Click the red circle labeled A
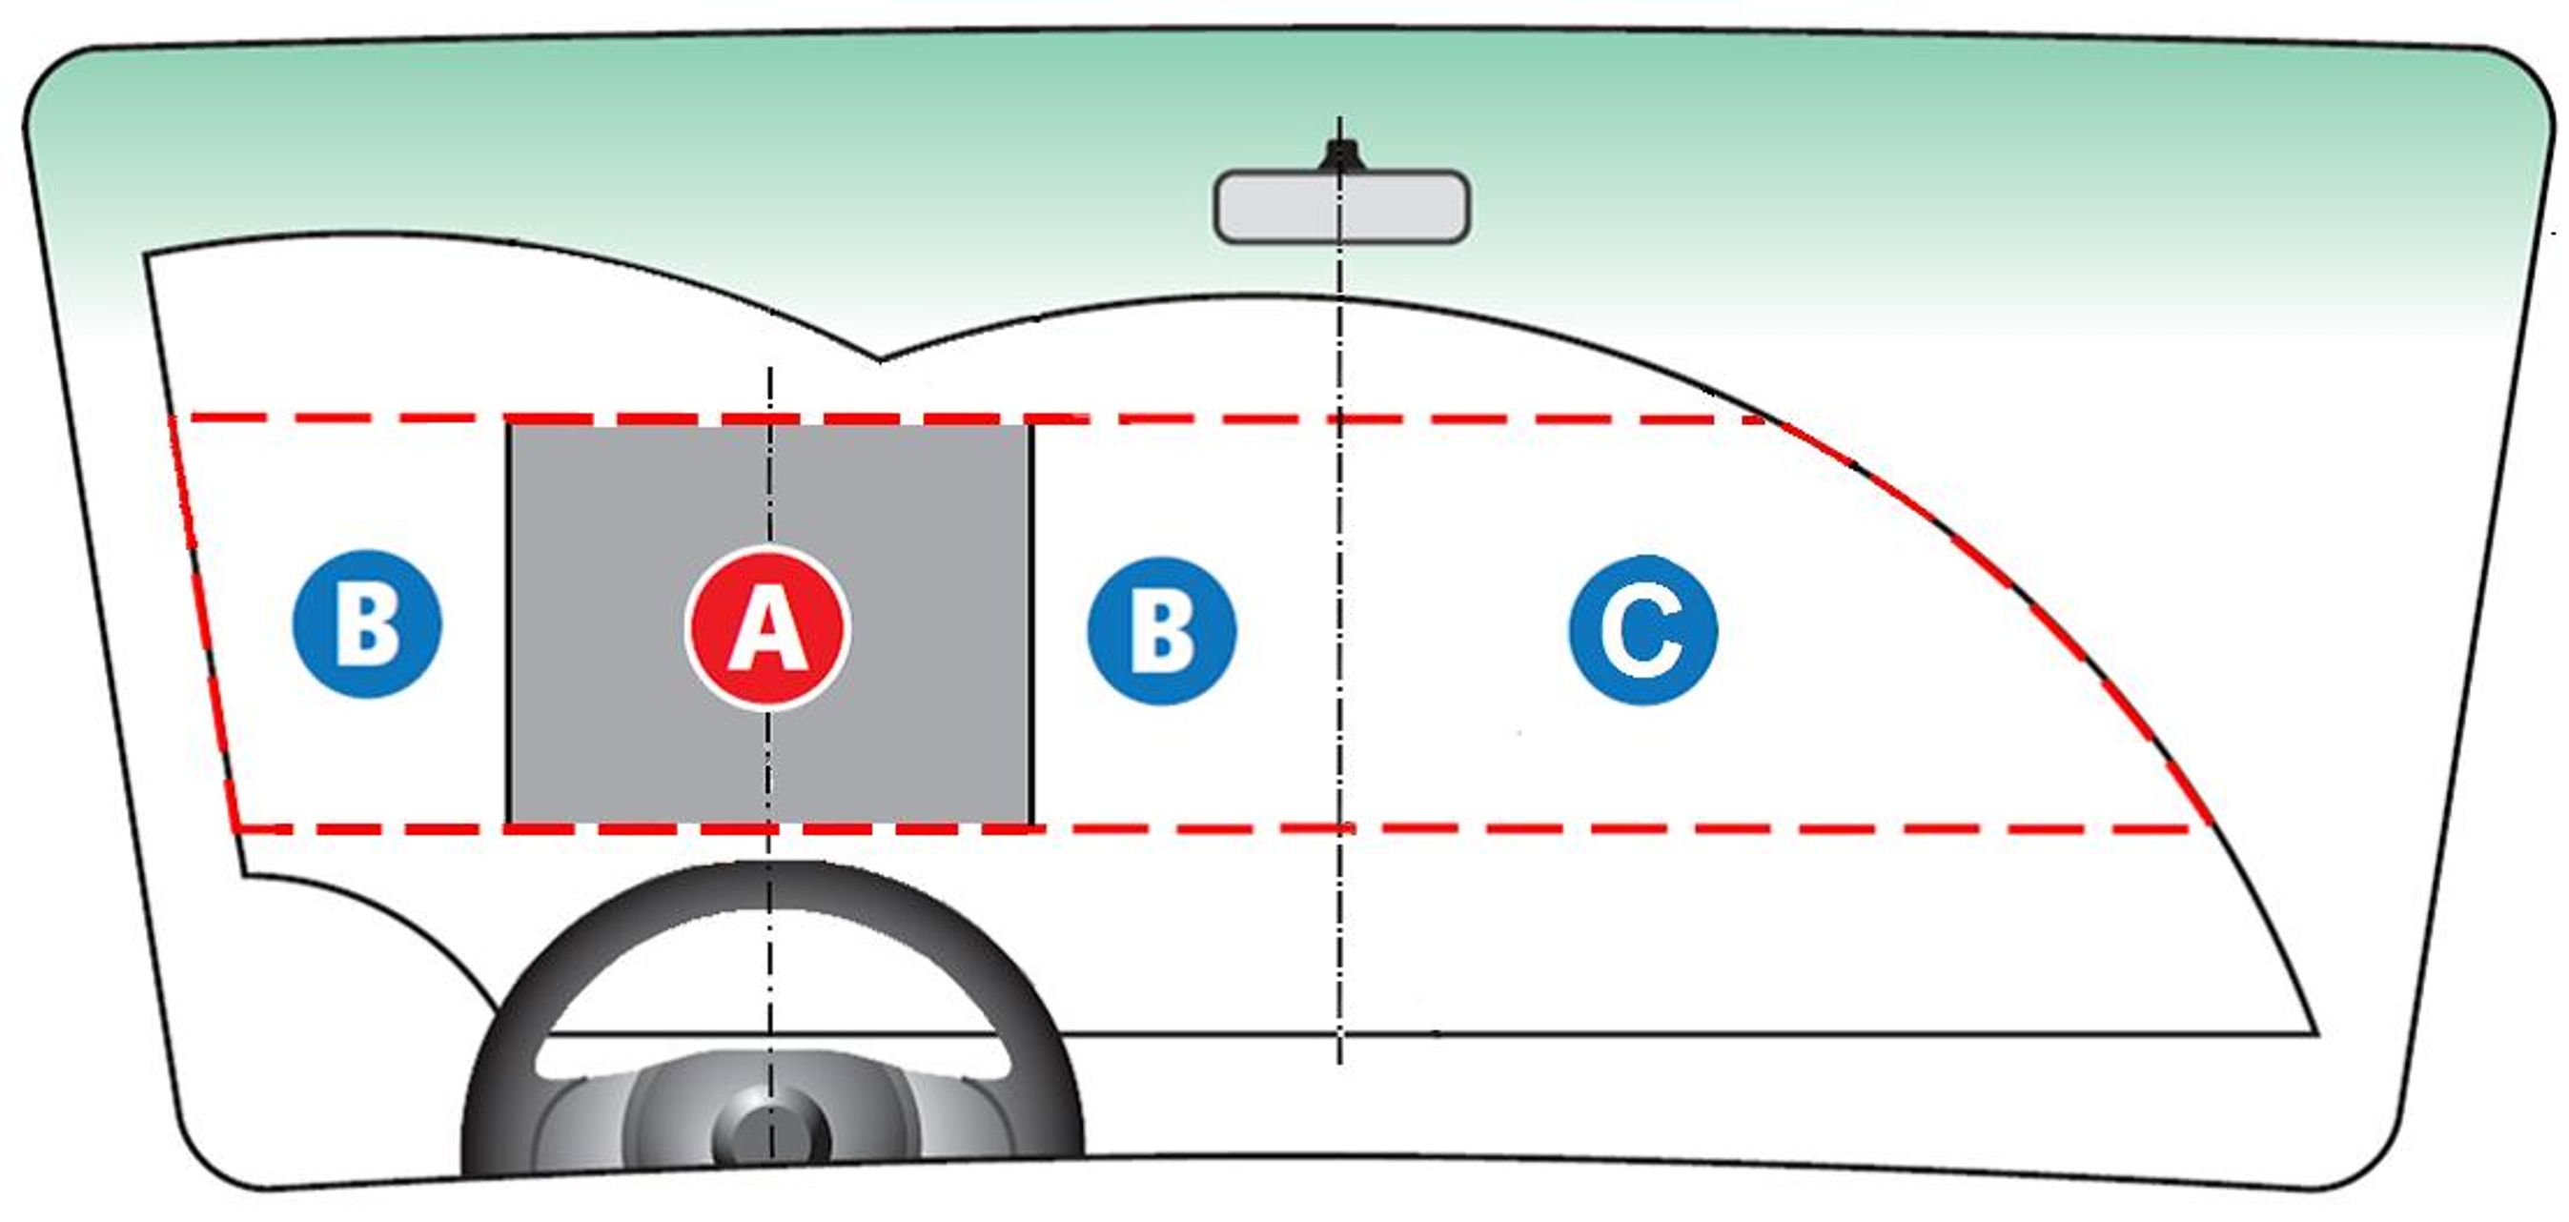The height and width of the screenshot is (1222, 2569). tap(767, 627)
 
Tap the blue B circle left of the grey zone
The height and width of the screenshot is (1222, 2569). tap(367, 623)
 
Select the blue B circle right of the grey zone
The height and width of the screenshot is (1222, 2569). tap(1162, 630)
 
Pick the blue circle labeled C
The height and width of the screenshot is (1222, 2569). tap(1642, 629)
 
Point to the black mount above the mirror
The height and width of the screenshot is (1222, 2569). tap(1339, 155)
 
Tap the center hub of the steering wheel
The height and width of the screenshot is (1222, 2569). tap(771, 1134)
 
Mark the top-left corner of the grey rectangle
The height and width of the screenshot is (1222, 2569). tap(509, 423)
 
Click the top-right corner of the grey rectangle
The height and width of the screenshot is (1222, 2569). tap(1031, 423)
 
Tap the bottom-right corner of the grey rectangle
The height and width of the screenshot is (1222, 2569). tap(1031, 826)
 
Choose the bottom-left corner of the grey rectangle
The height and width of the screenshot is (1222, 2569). tap(509, 826)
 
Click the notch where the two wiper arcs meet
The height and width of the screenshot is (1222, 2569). tap(879, 359)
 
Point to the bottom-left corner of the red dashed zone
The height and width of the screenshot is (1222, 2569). tap(234, 828)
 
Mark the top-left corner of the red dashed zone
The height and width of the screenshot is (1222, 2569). tap(172, 417)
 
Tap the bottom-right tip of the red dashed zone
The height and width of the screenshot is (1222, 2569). tap(2212, 828)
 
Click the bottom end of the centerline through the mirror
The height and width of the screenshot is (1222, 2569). tap(1339, 1063)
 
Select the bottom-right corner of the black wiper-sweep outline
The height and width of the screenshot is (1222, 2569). tap(2315, 1033)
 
